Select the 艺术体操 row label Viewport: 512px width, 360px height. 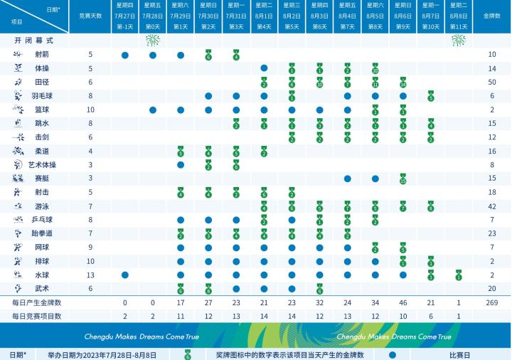[x=42, y=164]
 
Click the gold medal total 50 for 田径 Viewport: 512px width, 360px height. [x=490, y=83]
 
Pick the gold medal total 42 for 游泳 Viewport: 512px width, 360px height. [x=490, y=206]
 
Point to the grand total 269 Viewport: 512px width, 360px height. [x=490, y=302]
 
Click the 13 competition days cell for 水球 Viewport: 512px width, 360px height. [x=90, y=275]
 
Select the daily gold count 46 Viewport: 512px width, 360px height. [x=403, y=302]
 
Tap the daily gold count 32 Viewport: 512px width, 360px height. [x=319, y=302]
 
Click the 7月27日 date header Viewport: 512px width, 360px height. [x=124, y=14]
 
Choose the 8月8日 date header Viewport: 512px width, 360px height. [x=459, y=14]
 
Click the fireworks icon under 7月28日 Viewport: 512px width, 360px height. [x=152, y=41]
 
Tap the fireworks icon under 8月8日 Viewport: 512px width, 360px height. [x=459, y=41]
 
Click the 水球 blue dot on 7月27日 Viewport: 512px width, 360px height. [x=124, y=275]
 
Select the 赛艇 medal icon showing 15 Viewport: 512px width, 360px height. [x=403, y=178]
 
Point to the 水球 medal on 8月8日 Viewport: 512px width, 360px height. [x=459, y=275]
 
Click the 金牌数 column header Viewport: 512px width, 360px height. [x=490, y=14]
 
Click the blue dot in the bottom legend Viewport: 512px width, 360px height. [x=393, y=354]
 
